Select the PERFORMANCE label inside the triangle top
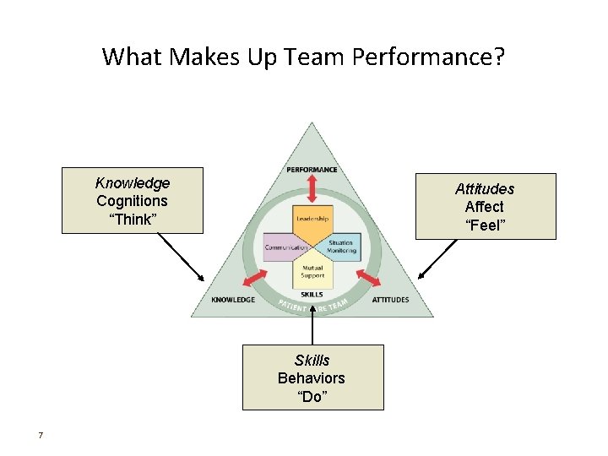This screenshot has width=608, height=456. coord(312,170)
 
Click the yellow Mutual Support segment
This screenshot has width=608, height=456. coord(312,271)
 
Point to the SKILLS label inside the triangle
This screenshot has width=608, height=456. coord(312,294)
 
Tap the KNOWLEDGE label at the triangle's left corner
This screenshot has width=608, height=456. coord(233,300)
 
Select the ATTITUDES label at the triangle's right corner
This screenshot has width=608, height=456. coord(390,300)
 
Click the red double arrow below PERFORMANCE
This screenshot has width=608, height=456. coord(312,189)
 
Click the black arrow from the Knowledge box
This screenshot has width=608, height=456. coord(182,258)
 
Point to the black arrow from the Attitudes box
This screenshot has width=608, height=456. coord(440,258)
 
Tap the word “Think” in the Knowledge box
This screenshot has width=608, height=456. coord(132,220)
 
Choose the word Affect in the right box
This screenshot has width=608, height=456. coord(485,207)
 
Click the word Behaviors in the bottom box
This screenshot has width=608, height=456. coord(312,378)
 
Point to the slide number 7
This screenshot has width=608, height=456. coord(40,436)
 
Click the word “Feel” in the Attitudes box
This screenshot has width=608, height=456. coord(485,225)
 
